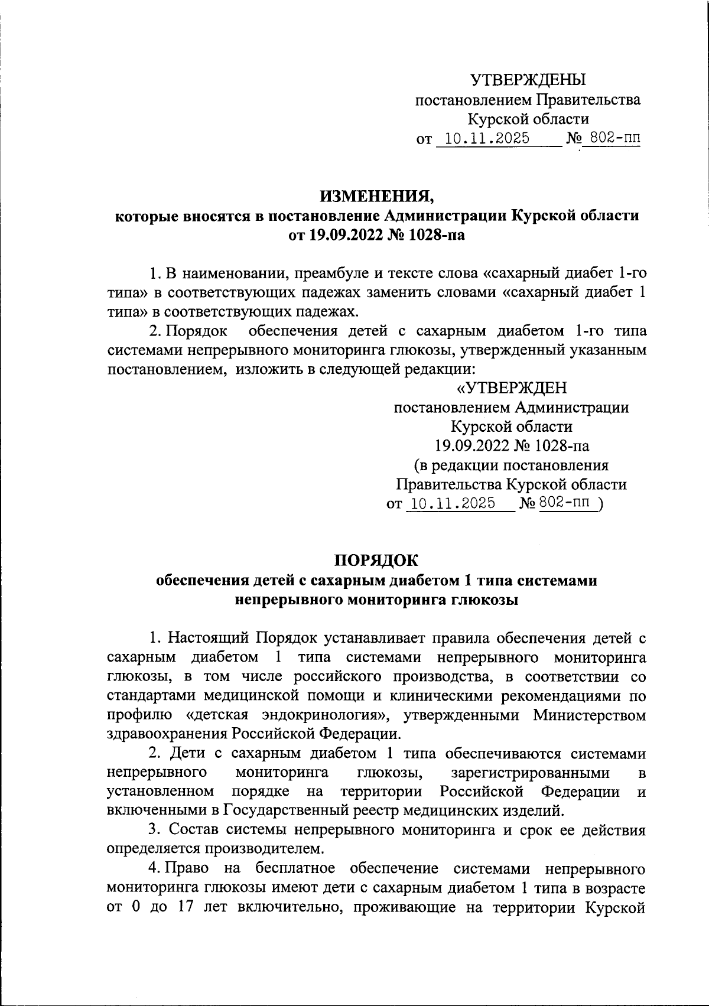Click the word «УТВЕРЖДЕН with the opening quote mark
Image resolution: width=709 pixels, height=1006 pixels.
pyautogui.click(x=512, y=388)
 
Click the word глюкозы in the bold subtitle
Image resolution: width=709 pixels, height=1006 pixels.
pyautogui.click(x=484, y=600)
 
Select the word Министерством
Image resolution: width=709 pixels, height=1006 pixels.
pyautogui.click(x=589, y=715)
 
